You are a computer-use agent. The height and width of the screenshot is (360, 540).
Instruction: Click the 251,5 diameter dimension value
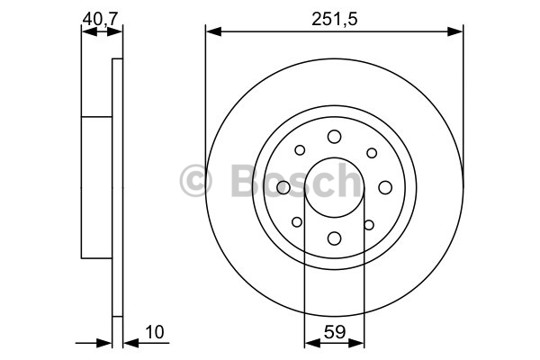coord(335,19)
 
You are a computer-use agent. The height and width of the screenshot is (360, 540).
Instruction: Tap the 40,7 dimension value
coord(100,19)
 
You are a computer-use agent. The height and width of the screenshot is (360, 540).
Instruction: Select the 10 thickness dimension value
coord(155,332)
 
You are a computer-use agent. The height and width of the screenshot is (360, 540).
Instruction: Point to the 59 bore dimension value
coord(335,332)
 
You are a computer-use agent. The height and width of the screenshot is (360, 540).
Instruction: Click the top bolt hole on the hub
coord(334,137)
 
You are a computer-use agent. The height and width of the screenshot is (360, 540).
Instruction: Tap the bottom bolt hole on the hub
coord(334,238)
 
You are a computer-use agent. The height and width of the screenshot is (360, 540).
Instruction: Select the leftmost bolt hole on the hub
coord(283,187)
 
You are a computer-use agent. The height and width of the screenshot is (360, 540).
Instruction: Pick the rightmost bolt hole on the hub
coord(385,187)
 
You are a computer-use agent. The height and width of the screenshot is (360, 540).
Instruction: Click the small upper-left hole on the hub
coord(300,150)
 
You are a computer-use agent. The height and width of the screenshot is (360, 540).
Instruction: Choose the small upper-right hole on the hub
coord(372,153)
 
